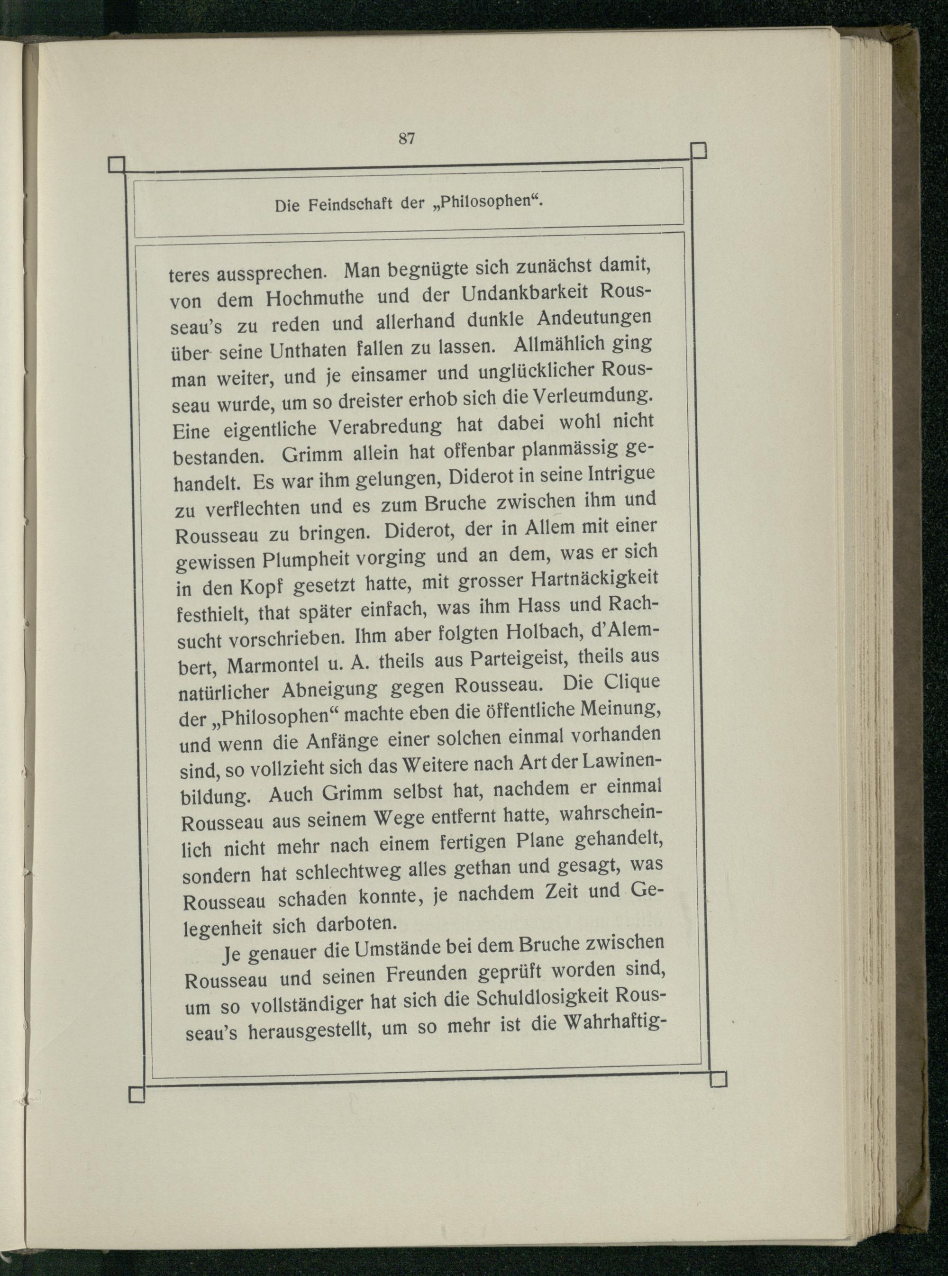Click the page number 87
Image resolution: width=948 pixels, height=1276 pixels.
coord(406,138)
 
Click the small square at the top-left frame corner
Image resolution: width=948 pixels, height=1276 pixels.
coord(117,164)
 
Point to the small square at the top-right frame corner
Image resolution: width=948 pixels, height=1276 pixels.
coord(698,150)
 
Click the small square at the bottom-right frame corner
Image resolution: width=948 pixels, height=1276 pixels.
coord(718,1079)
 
